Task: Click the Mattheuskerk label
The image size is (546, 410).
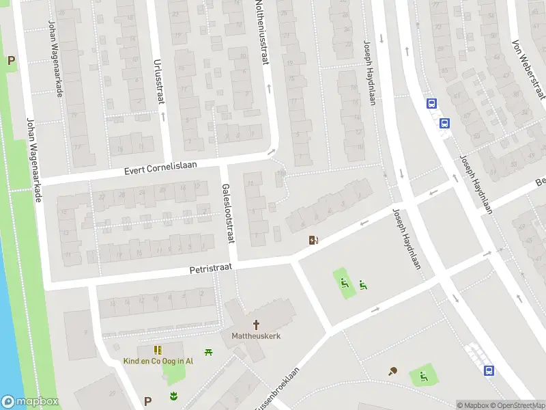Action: pos(257,336)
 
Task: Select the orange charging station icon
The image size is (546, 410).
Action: pos(314,240)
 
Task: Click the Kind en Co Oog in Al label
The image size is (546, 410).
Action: pos(158,361)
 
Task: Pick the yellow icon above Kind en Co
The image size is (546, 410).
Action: pos(158,350)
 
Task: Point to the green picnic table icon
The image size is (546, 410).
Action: pos(209,351)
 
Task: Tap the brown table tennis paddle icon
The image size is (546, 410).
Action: pos(393,372)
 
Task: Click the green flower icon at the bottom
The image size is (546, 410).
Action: pos(173,396)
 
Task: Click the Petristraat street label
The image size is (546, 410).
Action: pos(211,271)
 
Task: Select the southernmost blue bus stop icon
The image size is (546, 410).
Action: pos(489,370)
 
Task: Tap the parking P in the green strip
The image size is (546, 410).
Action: pos(10,61)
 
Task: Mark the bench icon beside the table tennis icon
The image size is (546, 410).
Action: pos(423,375)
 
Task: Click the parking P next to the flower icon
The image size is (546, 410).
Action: pos(147,401)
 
